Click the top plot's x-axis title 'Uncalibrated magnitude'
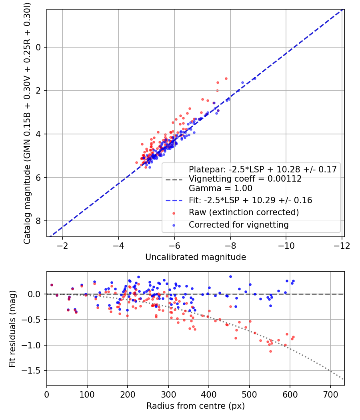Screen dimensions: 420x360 click(196, 257)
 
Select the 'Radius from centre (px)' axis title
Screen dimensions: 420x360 click(196, 406)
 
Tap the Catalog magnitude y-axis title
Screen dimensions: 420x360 click(27, 123)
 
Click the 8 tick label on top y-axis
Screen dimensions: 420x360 click(39, 221)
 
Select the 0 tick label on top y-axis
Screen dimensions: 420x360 click(39, 47)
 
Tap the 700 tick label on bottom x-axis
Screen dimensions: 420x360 click(330, 394)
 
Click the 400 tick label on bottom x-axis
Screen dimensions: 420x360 click(208, 394)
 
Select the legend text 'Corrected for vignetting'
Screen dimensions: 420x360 click(238, 225)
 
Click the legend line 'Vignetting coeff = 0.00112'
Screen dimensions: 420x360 click(245, 179)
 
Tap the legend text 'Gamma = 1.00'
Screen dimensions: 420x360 click(220, 188)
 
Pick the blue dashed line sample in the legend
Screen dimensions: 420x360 click(174, 200)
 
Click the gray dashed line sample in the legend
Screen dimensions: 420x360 click(174, 179)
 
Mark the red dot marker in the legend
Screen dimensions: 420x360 click(174, 212)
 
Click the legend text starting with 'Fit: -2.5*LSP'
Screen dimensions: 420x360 click(250, 200)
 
